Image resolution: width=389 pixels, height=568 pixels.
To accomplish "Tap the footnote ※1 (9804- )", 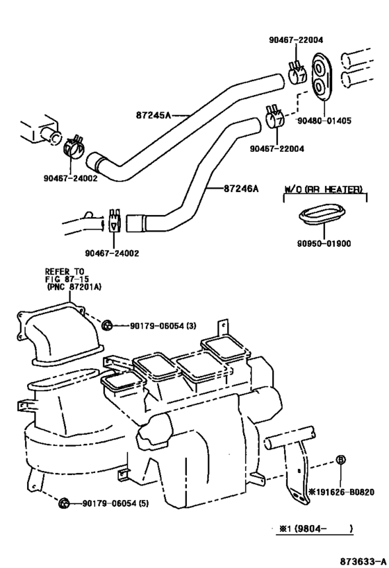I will click(316, 528).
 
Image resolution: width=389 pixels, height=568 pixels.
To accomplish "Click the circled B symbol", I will click(340, 460).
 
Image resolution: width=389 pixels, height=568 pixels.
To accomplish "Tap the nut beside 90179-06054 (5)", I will click(63, 503).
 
